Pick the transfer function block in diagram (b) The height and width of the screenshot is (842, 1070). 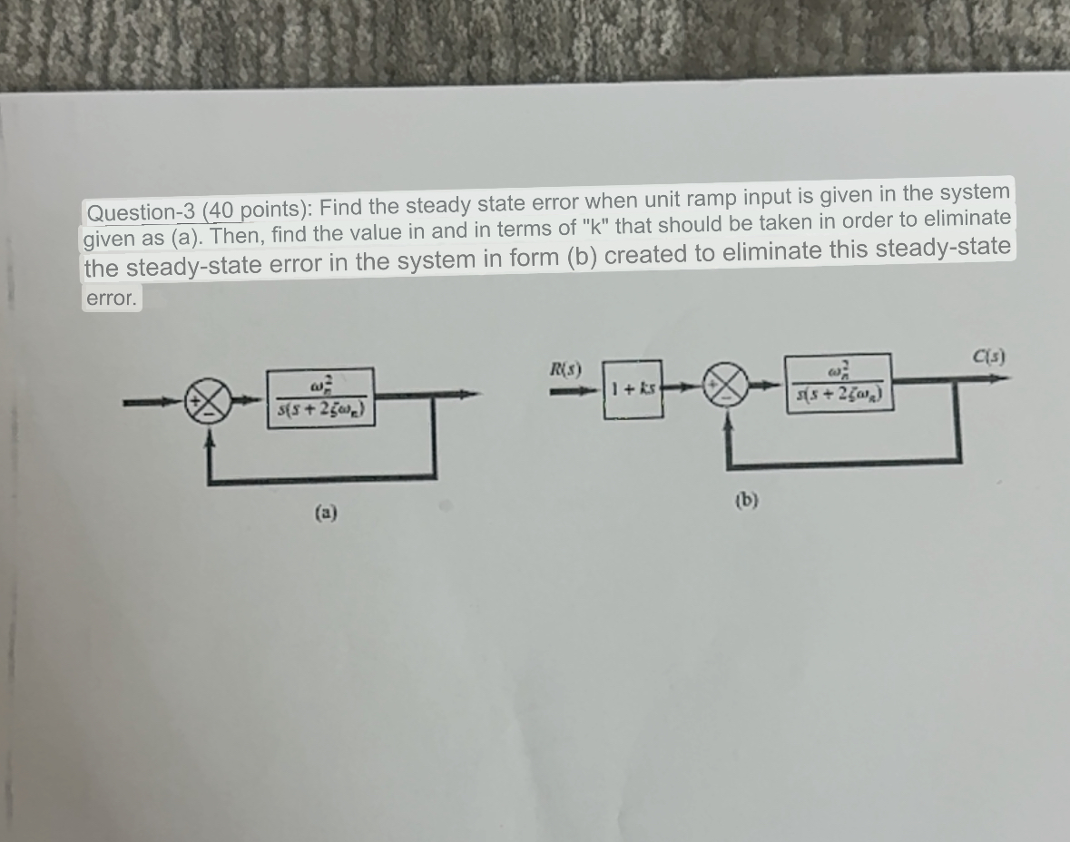click(839, 382)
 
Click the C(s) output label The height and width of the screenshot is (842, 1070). click(986, 356)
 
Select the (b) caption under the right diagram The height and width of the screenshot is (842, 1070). click(746, 499)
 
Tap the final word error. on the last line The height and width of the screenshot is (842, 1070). click(111, 298)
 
